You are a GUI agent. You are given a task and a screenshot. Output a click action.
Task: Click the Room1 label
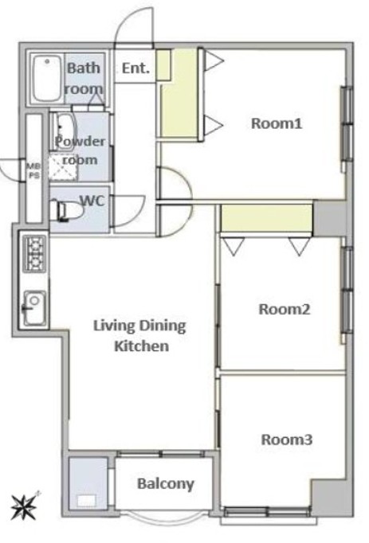click(x=277, y=123)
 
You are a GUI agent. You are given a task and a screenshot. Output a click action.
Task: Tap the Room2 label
click(x=285, y=309)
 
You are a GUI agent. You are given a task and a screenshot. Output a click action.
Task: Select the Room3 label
click(x=287, y=439)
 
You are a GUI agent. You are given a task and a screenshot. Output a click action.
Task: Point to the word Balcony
click(x=166, y=484)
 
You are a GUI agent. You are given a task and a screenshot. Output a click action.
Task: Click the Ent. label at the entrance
click(x=135, y=68)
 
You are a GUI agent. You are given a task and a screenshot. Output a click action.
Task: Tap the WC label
click(x=92, y=200)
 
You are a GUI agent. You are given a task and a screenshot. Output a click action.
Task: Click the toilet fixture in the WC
click(x=67, y=210)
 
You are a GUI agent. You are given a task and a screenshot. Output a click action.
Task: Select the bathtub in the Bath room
click(x=47, y=78)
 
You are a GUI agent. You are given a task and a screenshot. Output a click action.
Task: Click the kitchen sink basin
click(x=34, y=309)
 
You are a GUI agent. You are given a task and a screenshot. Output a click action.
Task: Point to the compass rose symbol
click(x=24, y=506)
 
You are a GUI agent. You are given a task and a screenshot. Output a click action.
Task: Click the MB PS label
click(x=34, y=171)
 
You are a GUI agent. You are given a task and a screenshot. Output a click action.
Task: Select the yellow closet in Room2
click(x=266, y=218)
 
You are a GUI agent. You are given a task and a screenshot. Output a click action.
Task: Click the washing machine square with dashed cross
click(x=63, y=168)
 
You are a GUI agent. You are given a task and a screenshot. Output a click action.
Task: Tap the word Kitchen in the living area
click(x=142, y=346)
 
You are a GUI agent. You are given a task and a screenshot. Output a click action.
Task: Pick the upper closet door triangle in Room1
click(x=214, y=61)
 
